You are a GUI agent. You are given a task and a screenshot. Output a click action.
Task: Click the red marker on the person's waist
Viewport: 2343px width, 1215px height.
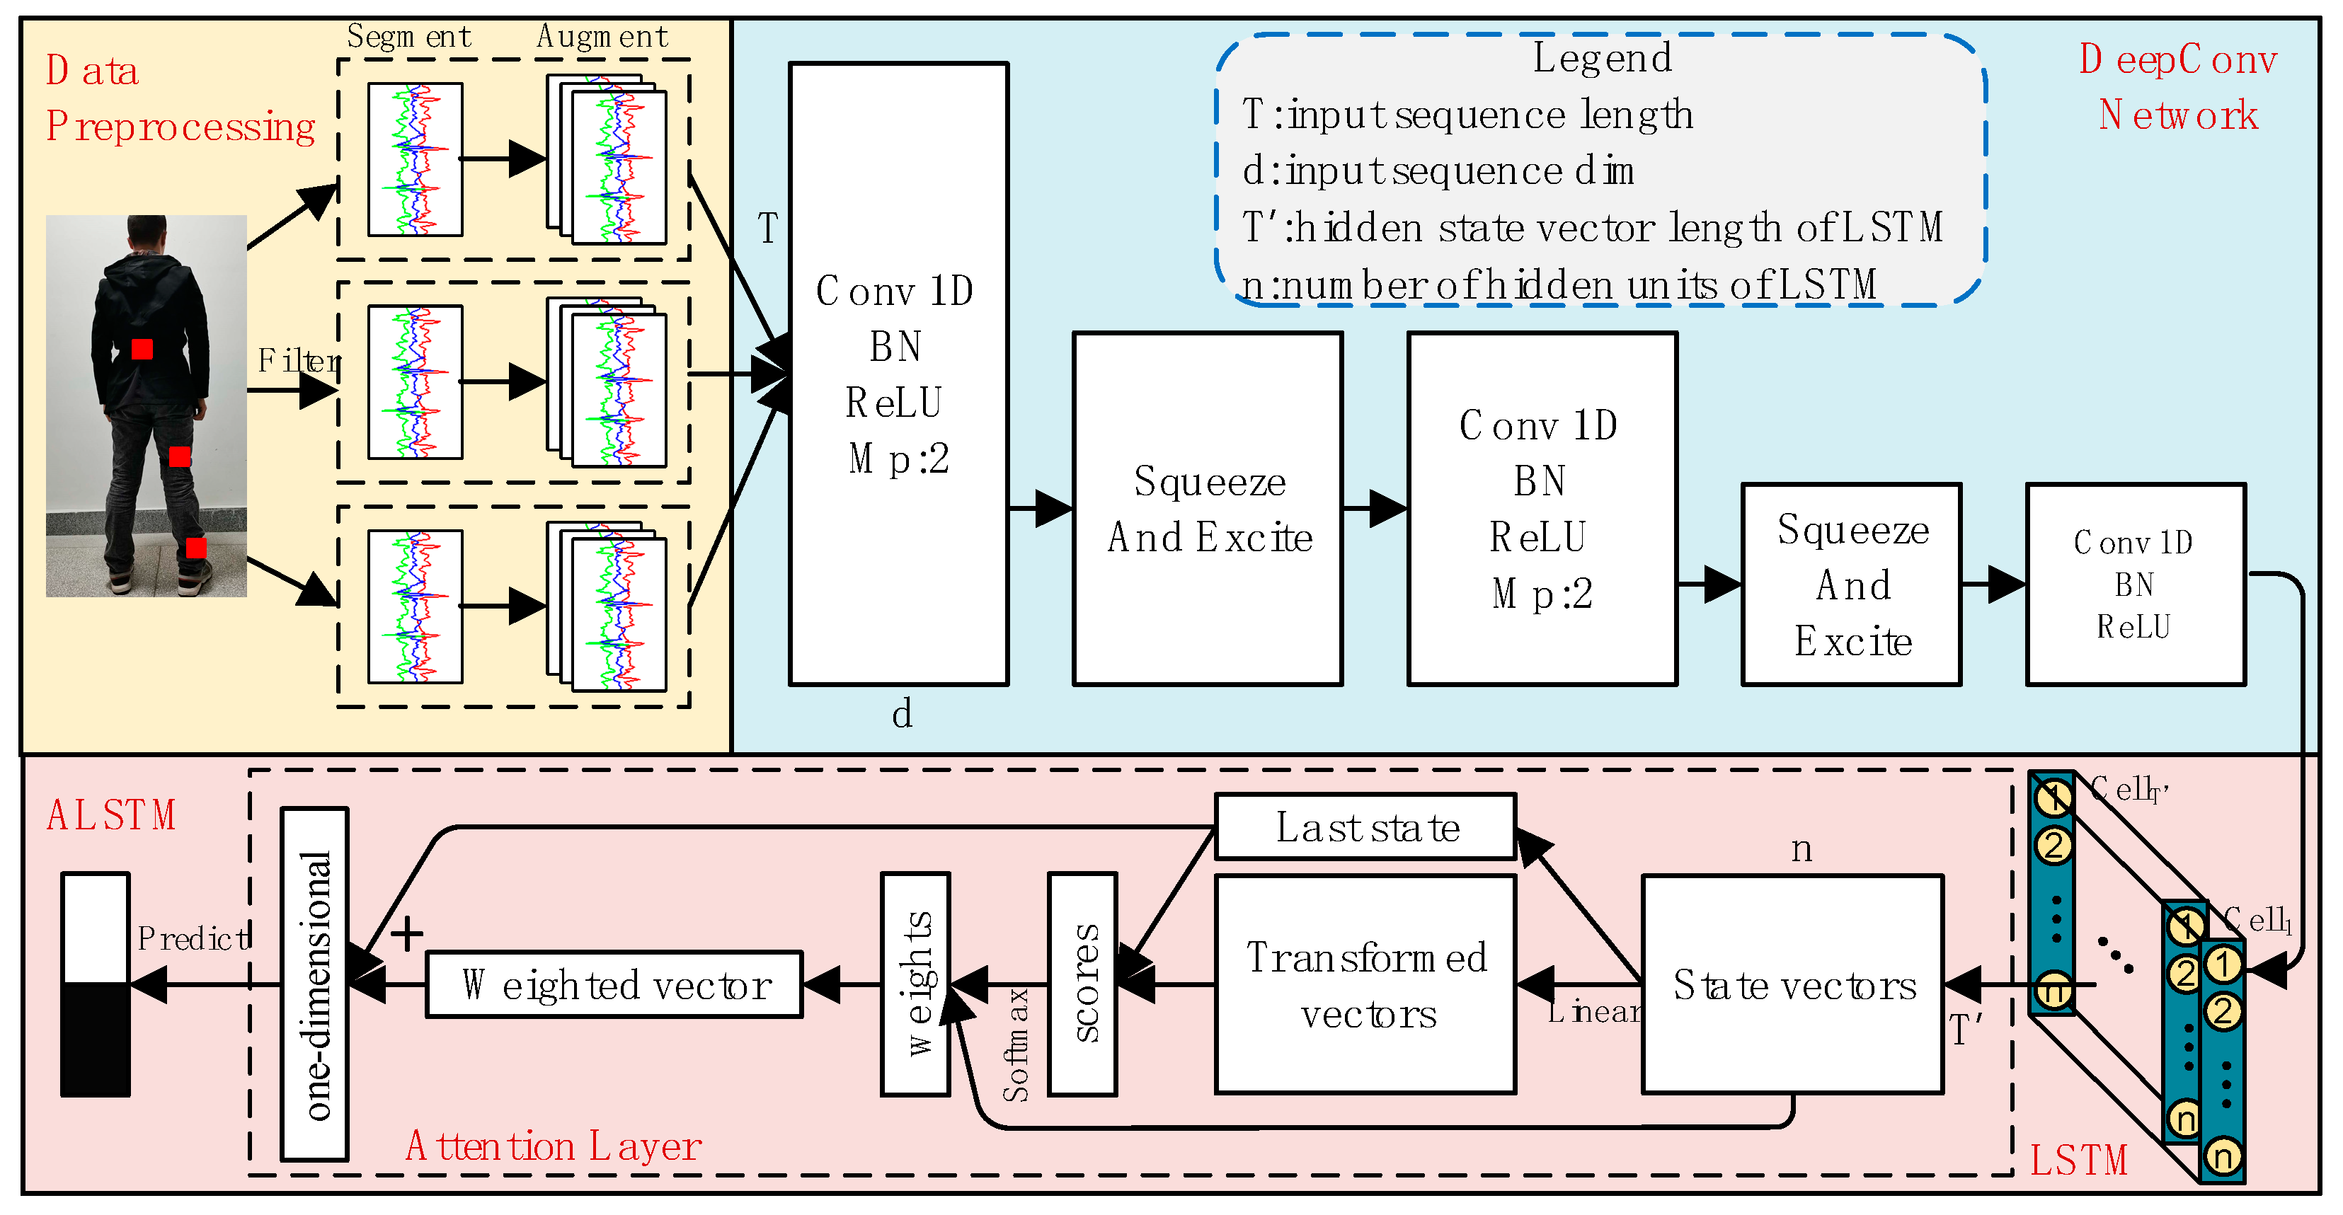pos(142,350)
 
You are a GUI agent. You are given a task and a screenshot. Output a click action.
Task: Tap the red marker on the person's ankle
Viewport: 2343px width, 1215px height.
pos(195,548)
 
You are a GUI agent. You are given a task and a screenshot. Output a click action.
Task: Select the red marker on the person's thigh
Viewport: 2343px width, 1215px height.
pos(180,456)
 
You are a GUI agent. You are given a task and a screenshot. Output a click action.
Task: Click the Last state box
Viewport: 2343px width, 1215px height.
pos(1365,827)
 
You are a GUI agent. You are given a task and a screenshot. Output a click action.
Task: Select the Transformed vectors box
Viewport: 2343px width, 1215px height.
pos(1365,984)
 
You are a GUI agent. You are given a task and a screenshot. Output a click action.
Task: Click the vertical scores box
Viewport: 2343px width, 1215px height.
pos(1082,984)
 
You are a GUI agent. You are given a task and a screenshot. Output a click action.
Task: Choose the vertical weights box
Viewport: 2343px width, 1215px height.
pos(915,984)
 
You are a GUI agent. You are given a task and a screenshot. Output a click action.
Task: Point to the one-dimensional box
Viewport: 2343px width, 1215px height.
pos(315,984)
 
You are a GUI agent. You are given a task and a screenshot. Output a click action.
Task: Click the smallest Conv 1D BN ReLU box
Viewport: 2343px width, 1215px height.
pos(2135,584)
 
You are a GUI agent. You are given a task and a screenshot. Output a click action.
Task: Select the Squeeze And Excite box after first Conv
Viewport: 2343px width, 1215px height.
pos(1207,509)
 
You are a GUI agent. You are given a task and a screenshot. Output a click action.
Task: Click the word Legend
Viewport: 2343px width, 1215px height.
pos(1602,58)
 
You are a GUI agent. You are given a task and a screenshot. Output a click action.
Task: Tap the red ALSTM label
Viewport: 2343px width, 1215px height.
pos(111,816)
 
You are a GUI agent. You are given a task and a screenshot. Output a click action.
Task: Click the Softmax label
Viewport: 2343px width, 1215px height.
pos(1016,1046)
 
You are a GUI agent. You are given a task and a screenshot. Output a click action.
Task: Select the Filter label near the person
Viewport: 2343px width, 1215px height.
pos(298,361)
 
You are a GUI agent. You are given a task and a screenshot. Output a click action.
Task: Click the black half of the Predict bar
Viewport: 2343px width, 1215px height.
pos(96,1040)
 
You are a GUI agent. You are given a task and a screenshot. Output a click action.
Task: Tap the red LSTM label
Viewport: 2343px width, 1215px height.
pos(2079,1161)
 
